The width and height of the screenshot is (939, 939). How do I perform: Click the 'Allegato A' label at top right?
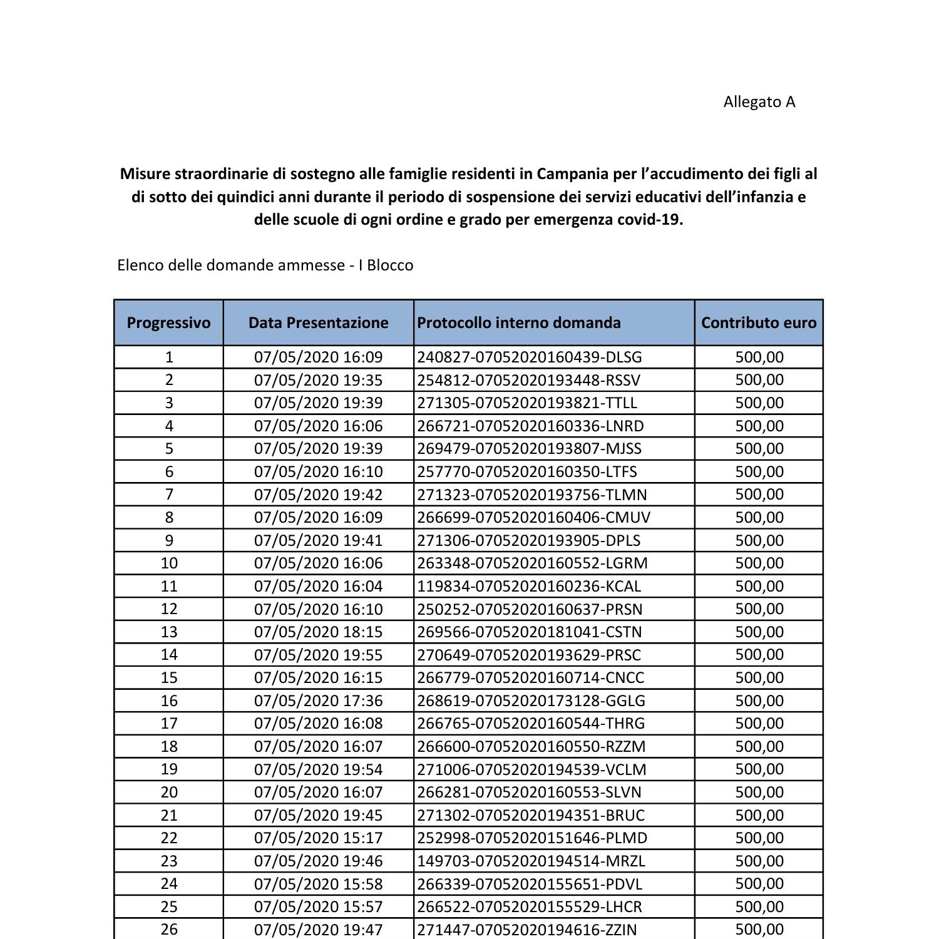[x=759, y=102]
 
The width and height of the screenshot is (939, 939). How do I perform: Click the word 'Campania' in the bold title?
[x=567, y=173]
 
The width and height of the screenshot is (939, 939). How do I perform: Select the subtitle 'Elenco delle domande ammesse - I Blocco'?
[x=265, y=265]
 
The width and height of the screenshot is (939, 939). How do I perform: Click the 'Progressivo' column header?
[x=168, y=323]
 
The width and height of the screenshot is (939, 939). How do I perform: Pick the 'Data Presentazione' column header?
[x=318, y=323]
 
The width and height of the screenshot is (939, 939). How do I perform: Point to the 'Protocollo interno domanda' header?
[x=519, y=323]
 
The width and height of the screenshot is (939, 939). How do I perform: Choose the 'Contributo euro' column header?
[x=758, y=323]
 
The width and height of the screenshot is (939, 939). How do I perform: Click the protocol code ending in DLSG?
[x=530, y=357]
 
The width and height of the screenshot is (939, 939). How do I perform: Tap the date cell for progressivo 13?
[x=318, y=632]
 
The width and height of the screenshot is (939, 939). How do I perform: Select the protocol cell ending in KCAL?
[x=529, y=586]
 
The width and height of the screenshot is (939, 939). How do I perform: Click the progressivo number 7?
[x=168, y=495]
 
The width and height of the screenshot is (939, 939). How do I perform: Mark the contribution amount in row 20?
[x=759, y=792]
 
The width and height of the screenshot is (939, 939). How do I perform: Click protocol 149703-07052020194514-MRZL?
[x=531, y=861]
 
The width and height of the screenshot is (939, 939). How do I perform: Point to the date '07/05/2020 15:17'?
[x=318, y=838]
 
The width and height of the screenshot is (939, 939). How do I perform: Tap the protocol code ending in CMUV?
[x=533, y=517]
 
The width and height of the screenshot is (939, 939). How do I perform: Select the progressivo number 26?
[x=168, y=929]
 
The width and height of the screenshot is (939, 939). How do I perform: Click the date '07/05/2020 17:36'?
[x=318, y=700]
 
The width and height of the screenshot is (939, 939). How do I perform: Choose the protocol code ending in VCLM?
[x=531, y=769]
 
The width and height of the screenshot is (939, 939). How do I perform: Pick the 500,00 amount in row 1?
[x=759, y=357]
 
